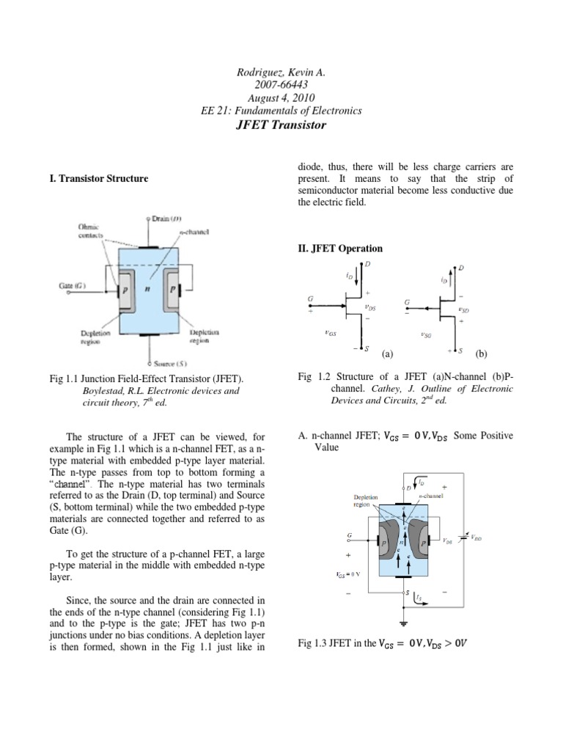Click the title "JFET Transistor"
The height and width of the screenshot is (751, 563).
point(281,125)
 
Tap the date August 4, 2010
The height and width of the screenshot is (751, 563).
point(281,98)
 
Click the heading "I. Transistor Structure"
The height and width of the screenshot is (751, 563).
point(103,178)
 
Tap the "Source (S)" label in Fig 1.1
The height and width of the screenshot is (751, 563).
point(170,364)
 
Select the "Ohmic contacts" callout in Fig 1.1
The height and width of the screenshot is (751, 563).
point(89,232)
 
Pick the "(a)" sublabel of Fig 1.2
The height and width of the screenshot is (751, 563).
point(388,353)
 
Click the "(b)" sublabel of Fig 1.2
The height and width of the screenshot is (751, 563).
point(481,353)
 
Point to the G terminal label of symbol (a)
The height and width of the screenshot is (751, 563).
point(310,299)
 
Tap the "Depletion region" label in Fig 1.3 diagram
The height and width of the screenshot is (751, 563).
point(367,501)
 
